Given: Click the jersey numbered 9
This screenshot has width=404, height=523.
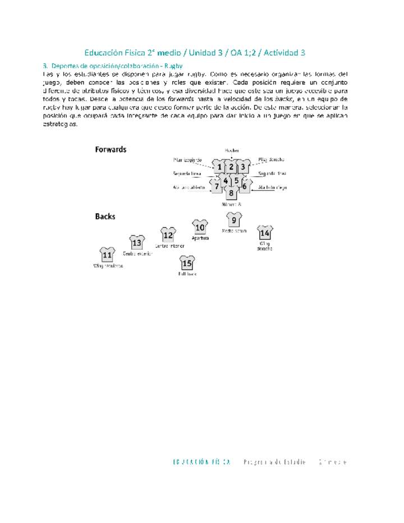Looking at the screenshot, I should point(234,221).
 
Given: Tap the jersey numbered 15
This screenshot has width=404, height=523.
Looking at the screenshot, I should point(187,263).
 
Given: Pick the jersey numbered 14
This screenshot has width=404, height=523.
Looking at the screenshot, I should point(265,233).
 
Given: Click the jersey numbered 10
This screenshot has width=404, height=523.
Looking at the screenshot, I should point(200,227).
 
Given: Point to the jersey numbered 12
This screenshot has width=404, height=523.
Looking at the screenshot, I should point(168,235).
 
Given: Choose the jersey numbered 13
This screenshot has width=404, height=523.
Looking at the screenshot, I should point(137,243).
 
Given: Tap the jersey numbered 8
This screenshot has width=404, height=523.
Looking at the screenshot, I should point(231,193).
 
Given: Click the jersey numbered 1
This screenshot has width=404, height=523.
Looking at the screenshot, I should point(219,167).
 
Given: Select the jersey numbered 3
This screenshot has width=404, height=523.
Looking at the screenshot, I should point(243,167).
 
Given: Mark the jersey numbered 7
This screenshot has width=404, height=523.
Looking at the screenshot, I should point(217,186).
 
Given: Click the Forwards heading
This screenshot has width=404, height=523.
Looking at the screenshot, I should point(111,150).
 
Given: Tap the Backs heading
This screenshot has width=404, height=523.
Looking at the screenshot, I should point(105,216).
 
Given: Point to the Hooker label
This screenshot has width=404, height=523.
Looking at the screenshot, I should point(232,150).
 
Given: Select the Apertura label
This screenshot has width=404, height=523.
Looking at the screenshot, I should point(200,238).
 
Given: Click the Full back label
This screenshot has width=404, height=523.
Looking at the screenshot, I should point(187,274).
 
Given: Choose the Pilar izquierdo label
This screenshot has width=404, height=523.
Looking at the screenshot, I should point(187,160).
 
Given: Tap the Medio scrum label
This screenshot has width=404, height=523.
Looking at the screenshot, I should point(235,231).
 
